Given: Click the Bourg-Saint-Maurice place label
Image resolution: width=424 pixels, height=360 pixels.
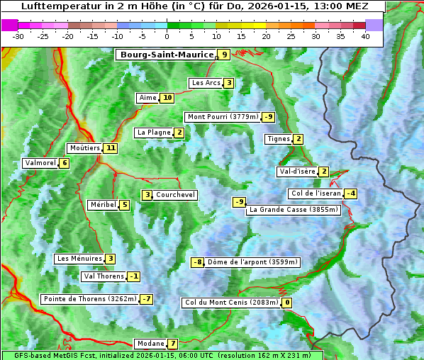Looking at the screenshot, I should [x=167, y=55].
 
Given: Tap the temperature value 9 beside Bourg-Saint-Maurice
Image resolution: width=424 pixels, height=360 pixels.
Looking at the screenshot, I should [x=224, y=55].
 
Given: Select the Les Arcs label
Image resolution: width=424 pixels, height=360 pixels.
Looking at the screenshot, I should [x=206, y=83].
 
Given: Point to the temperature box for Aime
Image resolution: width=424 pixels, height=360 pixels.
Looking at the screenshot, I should [x=167, y=98].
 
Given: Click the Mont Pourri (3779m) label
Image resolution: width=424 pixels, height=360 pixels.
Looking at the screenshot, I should [x=222, y=117].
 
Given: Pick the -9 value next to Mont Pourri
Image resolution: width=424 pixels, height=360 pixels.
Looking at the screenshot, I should [x=268, y=117].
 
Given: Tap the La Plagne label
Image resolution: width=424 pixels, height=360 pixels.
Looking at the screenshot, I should [x=154, y=133].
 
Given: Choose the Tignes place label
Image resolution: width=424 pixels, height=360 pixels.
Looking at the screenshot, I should [x=278, y=139].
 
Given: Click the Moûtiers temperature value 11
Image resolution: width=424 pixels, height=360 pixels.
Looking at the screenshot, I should [x=110, y=148].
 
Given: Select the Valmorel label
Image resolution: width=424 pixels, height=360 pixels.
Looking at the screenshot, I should [x=40, y=163].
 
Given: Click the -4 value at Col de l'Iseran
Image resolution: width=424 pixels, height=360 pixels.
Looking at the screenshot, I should [x=350, y=193].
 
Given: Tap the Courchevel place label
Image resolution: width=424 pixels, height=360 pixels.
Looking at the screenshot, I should [x=176, y=195].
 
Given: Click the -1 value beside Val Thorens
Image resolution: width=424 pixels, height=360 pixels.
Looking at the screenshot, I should [x=134, y=276].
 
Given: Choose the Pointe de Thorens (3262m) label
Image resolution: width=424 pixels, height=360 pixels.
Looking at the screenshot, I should [x=89, y=299].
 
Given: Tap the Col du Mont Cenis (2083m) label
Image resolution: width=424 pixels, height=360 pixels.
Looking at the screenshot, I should [x=231, y=303].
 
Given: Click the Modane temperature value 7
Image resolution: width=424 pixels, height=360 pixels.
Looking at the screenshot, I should [x=172, y=344].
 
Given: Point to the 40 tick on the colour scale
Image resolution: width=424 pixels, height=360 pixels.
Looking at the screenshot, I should [x=365, y=36].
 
